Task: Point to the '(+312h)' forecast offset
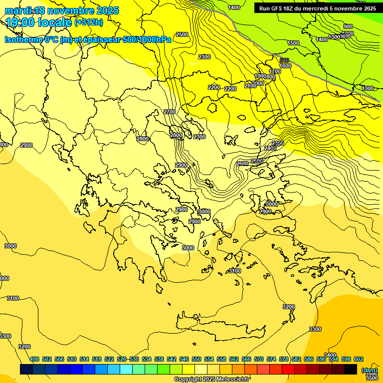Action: point(89,22)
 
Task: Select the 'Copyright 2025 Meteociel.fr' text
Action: point(212,379)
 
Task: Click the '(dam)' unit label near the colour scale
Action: point(369,370)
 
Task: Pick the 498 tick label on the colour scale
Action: point(34,359)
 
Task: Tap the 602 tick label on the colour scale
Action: point(359,359)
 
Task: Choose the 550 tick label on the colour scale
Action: point(196,359)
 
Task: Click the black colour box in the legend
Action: point(351,369)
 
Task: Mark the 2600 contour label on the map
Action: point(242,164)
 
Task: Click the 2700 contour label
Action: point(170,112)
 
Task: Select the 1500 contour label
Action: point(293,43)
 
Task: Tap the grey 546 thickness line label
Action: point(284,60)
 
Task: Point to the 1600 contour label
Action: point(285,66)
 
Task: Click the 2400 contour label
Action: point(270,148)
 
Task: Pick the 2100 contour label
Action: point(250,86)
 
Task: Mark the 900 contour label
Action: point(348,26)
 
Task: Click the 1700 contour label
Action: point(275,71)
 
